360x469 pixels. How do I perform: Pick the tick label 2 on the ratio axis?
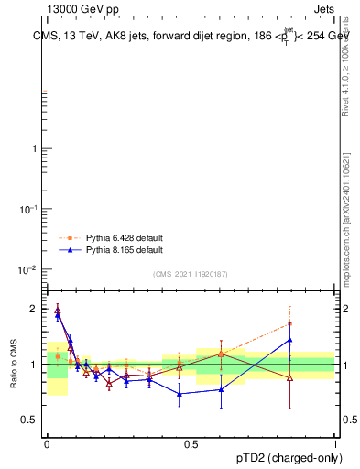point(34,309)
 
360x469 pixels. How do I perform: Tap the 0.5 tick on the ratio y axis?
point(30,420)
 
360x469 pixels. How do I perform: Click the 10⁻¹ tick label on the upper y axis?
point(28,210)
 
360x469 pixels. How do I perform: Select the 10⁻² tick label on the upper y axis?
point(28,270)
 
